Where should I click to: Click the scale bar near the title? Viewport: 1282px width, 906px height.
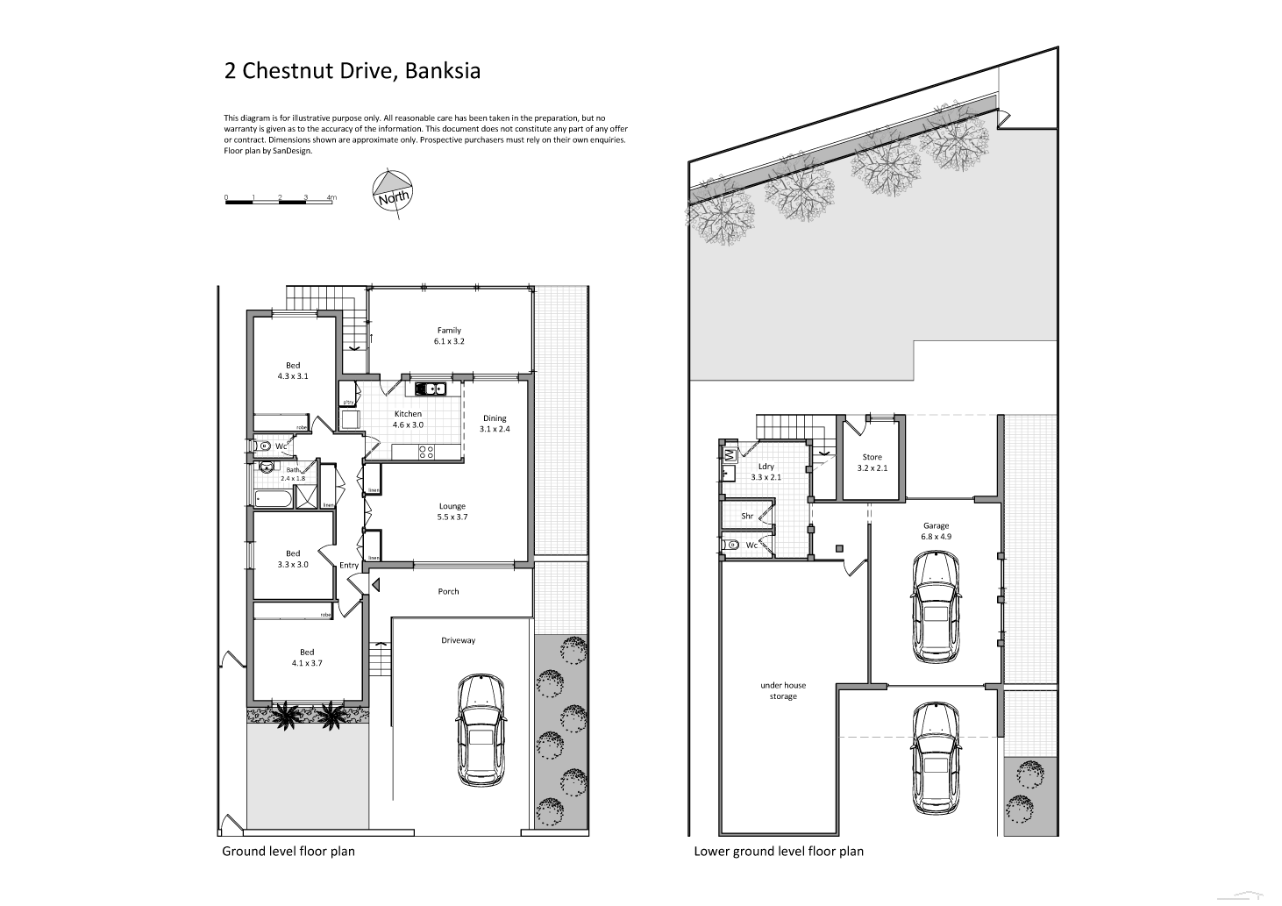279,202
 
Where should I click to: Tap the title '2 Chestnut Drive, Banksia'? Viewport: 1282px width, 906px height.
353,71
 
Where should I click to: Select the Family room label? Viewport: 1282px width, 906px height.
449,336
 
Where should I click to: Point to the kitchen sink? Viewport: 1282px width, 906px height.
431,389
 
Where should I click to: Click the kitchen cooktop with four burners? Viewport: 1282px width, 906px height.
426,453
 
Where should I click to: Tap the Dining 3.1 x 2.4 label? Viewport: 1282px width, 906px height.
494,424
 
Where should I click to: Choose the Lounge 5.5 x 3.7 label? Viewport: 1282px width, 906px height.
452,511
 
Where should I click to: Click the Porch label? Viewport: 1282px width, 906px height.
448,591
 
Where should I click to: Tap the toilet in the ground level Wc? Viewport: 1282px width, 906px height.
262,446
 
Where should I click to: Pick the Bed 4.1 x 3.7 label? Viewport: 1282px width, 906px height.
307,657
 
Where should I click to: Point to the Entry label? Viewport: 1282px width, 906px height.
349,565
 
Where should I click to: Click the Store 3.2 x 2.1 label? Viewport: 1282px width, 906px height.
872,462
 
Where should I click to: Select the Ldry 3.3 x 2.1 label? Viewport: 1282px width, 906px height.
766,472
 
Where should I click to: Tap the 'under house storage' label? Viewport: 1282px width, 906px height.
783,690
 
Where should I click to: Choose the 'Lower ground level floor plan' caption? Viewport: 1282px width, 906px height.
779,851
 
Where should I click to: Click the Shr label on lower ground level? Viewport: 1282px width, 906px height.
747,517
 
